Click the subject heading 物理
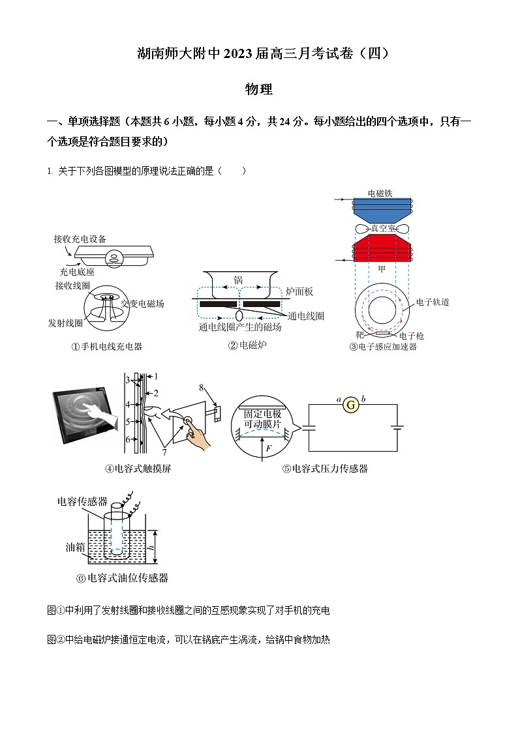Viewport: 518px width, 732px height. tap(258, 90)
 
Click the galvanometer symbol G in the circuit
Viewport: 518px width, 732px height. tap(351, 405)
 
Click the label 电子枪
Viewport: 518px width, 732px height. tap(412, 336)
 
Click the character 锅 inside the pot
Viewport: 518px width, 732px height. tap(238, 280)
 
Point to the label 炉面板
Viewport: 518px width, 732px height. tap(299, 291)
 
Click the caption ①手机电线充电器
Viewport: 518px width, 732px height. tap(106, 347)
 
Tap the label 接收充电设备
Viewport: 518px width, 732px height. tap(80, 239)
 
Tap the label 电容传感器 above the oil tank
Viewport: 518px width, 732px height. tap(82, 501)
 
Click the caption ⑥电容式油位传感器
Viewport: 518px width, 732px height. tap(122, 578)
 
